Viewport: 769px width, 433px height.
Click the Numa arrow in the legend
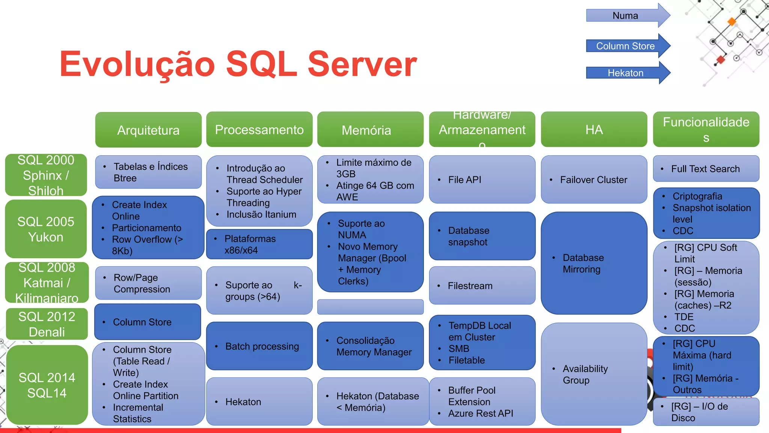[626, 16]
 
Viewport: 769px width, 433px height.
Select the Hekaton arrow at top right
[626, 73]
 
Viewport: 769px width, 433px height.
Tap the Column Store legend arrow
[626, 46]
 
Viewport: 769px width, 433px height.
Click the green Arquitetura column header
[148, 130]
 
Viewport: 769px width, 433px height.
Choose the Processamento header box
[259, 130]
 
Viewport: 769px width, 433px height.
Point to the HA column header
[594, 130]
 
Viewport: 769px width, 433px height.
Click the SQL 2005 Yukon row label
[46, 229]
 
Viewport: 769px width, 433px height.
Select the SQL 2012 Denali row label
[47, 324]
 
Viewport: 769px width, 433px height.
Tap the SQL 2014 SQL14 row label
[47, 385]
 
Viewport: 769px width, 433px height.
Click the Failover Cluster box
[594, 180]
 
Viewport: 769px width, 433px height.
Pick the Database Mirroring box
[594, 263]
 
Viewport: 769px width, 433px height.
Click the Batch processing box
[259, 346]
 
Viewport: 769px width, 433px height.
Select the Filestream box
[482, 286]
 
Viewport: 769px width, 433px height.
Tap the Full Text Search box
[706, 169]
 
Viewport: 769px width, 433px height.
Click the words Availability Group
[585, 374]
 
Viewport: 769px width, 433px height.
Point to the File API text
[464, 180]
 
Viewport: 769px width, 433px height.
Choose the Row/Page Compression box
[148, 283]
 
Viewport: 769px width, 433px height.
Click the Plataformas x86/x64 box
[259, 244]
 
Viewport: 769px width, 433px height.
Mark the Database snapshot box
[482, 236]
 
